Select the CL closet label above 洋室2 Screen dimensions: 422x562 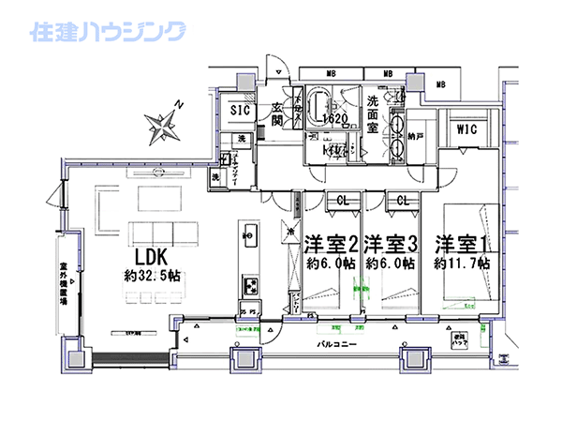click(343, 201)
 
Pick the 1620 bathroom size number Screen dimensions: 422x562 click(334, 120)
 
